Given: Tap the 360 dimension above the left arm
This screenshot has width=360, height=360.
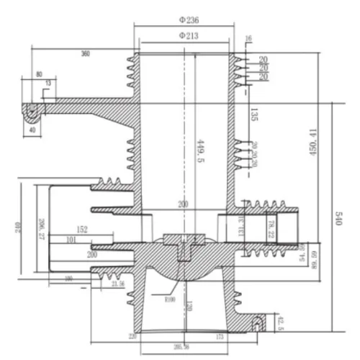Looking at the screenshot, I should click(86, 54).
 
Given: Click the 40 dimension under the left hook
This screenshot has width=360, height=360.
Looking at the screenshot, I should click(32, 130).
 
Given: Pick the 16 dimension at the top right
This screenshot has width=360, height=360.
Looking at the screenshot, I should click(249, 38).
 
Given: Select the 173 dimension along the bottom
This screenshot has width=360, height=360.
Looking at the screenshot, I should click(219, 336).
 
